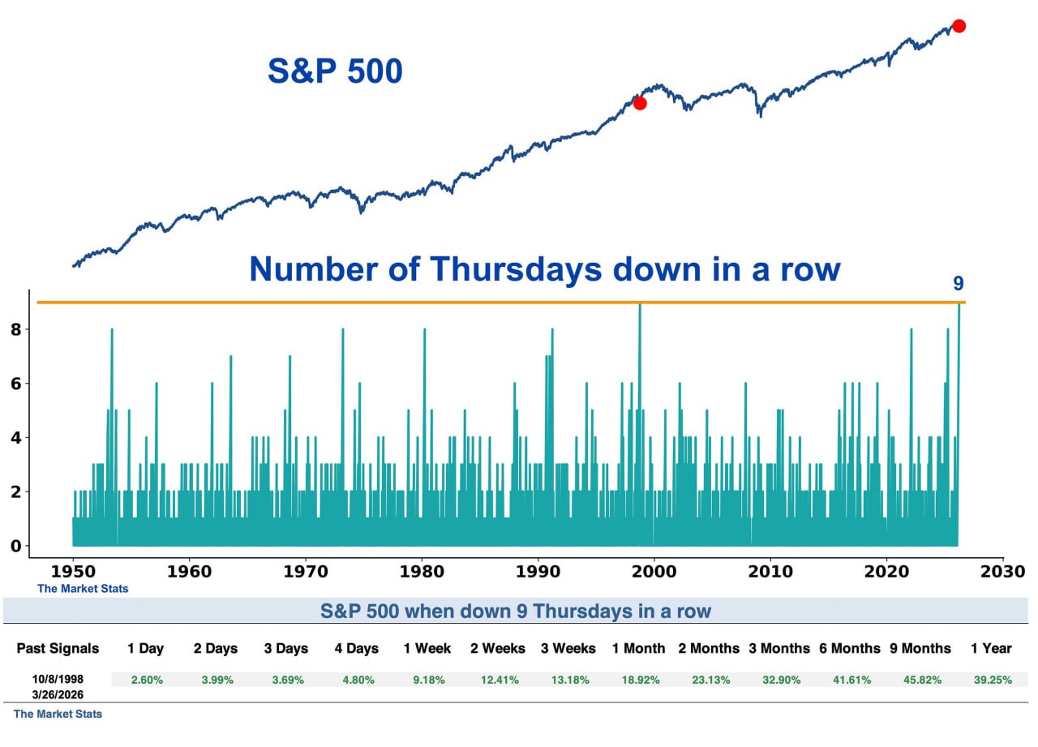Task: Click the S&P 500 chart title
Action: pyautogui.click(x=335, y=71)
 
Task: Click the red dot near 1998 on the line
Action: pyautogui.click(x=640, y=103)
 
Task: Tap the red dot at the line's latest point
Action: pyautogui.click(x=959, y=26)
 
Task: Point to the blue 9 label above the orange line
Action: pyautogui.click(x=958, y=284)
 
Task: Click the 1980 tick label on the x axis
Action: pyautogui.click(x=422, y=571)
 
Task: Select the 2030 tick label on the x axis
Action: pyautogui.click(x=1003, y=571)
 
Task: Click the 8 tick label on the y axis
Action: pyautogui.click(x=15, y=329)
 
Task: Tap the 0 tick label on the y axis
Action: pyautogui.click(x=15, y=546)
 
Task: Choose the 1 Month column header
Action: pyautogui.click(x=638, y=648)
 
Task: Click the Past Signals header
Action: pyautogui.click(x=58, y=648)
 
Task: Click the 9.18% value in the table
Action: pyautogui.click(x=428, y=680)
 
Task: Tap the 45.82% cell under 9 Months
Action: pyautogui.click(x=920, y=680)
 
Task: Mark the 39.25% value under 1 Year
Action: pyautogui.click(x=993, y=680)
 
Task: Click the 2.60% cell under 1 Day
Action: pyautogui.click(x=147, y=680)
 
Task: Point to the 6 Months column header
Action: pyautogui.click(x=849, y=648)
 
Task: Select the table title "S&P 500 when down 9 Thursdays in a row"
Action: pyautogui.click(x=515, y=611)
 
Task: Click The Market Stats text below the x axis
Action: pyautogui.click(x=83, y=589)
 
